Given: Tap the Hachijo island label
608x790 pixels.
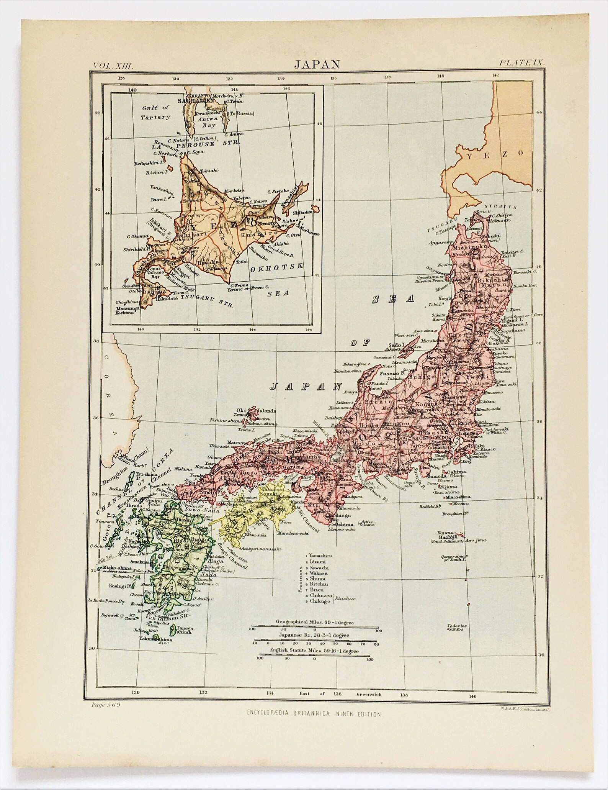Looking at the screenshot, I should [449, 538].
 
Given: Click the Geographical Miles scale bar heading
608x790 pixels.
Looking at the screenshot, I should [315, 621].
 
